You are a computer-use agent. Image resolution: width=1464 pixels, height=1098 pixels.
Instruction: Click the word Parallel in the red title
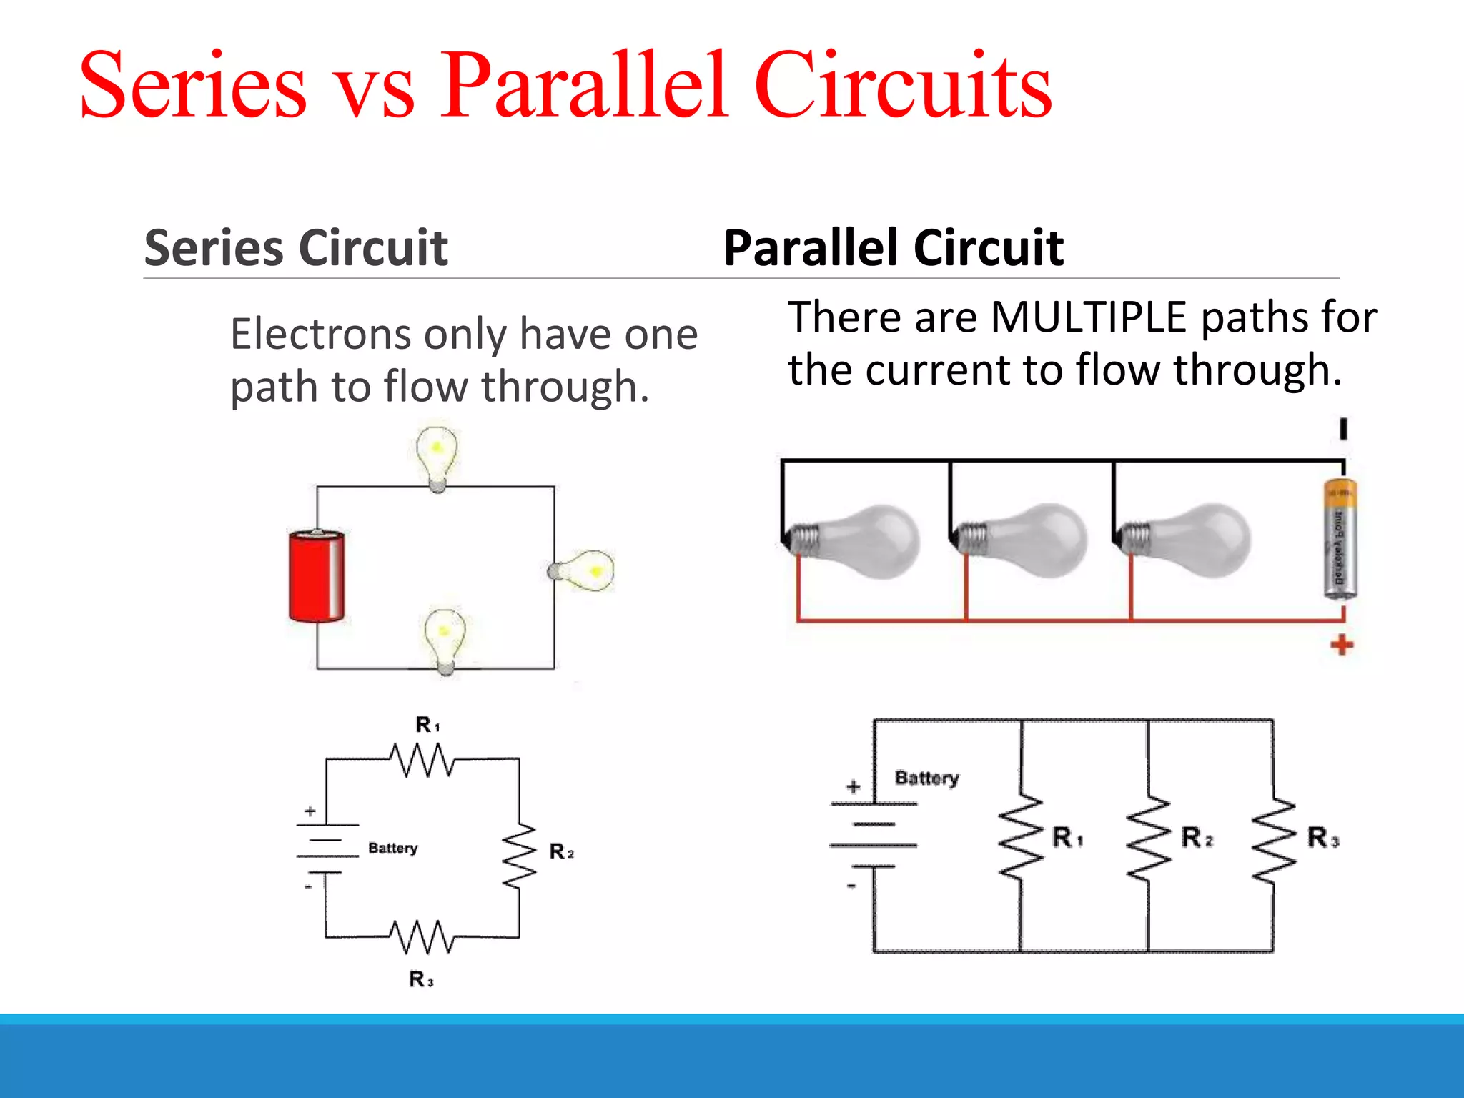coord(584,86)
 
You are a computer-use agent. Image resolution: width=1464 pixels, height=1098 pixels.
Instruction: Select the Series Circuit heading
coord(296,248)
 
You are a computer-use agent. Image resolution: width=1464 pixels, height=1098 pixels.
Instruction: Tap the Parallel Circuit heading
coord(893,248)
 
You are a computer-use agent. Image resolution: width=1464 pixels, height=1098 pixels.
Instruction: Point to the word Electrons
coord(321,334)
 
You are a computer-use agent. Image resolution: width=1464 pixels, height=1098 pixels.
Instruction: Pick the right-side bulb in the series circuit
coord(584,570)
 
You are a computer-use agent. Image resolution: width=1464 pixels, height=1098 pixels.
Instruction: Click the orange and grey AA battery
coord(1340,540)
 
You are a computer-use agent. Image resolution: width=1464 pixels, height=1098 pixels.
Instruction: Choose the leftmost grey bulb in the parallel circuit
coord(854,540)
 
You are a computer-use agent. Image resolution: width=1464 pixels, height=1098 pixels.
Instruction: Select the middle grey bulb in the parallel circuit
coord(1022,540)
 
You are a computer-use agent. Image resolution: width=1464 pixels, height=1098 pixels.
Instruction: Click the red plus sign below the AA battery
coord(1342,645)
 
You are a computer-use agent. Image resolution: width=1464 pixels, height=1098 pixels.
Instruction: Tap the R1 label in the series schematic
coord(427,725)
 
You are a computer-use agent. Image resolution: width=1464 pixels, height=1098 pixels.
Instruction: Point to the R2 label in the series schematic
coord(561,851)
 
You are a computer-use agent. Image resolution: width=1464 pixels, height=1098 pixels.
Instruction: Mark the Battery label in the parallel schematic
coord(927,778)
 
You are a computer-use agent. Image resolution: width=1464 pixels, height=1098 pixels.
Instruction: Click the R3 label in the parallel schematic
coord(1322,837)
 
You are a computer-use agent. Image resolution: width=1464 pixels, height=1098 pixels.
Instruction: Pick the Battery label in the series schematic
coord(392,848)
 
